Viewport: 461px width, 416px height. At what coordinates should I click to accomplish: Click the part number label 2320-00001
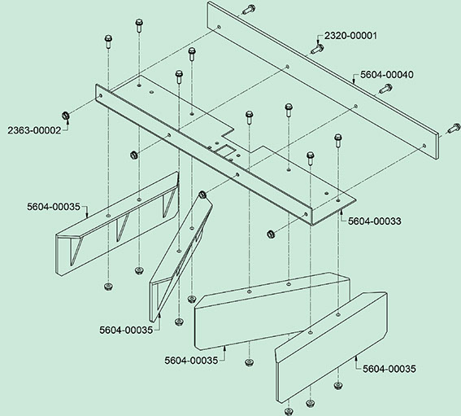350,36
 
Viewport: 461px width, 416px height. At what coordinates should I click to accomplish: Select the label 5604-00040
387,75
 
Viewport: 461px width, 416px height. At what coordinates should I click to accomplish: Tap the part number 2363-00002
34,130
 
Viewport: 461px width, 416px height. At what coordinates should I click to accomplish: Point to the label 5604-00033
375,221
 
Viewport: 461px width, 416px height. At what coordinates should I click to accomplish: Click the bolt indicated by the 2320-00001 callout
317,49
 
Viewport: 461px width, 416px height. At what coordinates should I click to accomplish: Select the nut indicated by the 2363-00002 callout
66,116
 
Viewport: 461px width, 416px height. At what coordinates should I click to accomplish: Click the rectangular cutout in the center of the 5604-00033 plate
225,151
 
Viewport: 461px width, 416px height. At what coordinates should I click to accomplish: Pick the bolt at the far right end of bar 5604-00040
454,128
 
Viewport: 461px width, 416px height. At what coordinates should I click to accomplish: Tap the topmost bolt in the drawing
249,10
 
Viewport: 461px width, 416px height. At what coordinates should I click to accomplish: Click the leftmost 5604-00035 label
54,207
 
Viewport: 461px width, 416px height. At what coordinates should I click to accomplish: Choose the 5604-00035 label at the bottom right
389,369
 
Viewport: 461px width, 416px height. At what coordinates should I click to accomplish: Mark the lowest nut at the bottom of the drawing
289,411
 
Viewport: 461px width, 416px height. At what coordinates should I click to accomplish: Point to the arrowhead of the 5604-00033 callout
341,211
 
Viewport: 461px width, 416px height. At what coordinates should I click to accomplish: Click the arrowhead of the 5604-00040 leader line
354,82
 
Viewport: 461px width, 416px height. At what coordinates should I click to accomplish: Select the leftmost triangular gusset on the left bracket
76,251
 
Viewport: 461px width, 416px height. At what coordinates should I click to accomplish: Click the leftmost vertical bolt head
108,38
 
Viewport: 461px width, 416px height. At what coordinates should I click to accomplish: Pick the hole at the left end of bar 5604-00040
219,27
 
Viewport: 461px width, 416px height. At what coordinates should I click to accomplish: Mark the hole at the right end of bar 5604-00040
424,146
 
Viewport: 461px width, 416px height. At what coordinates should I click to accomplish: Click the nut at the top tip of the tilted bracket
202,195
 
